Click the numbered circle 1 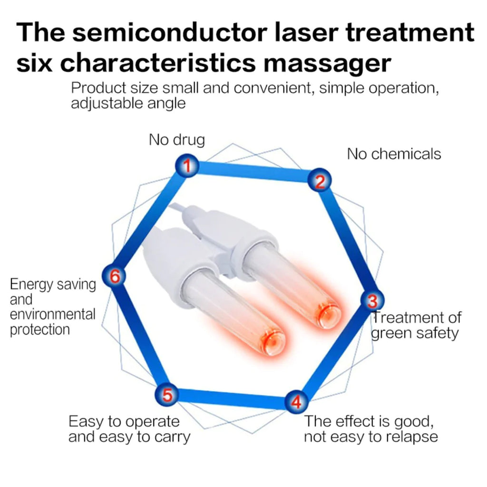click(187, 166)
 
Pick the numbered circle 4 click(296, 403)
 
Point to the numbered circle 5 click(167, 394)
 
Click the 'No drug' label click(176, 140)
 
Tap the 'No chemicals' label click(394, 154)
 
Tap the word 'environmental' click(52, 314)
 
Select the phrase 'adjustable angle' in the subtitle click(128, 103)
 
